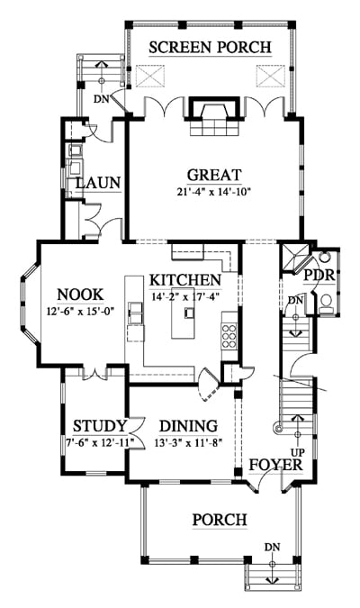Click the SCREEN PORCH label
210,48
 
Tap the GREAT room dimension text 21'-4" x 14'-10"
213,191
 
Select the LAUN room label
98,183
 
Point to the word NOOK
80,295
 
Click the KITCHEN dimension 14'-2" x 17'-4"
186,297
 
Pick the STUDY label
100,426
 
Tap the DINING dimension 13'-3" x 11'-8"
190,442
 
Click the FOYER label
275,465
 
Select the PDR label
319,275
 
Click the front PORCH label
220,519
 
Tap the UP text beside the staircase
298,452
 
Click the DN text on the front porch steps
273,547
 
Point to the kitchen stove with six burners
229,336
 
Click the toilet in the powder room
327,303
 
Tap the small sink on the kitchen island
189,313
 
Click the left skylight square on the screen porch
150,76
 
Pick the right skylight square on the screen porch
271,76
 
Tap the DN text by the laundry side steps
102,99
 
